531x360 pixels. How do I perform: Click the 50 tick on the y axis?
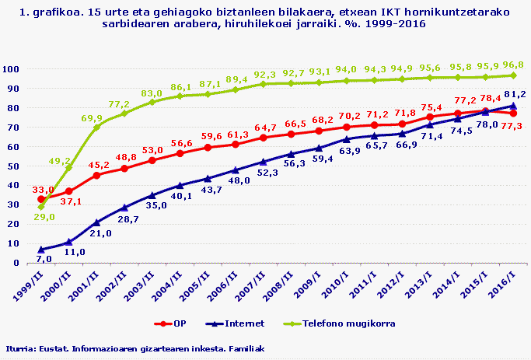click(15, 166)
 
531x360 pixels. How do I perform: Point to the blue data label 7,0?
click(44, 258)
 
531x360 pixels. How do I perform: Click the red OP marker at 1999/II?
click(41, 199)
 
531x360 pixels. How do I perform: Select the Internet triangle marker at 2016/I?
click(513, 106)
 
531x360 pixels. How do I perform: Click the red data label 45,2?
click(97, 165)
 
